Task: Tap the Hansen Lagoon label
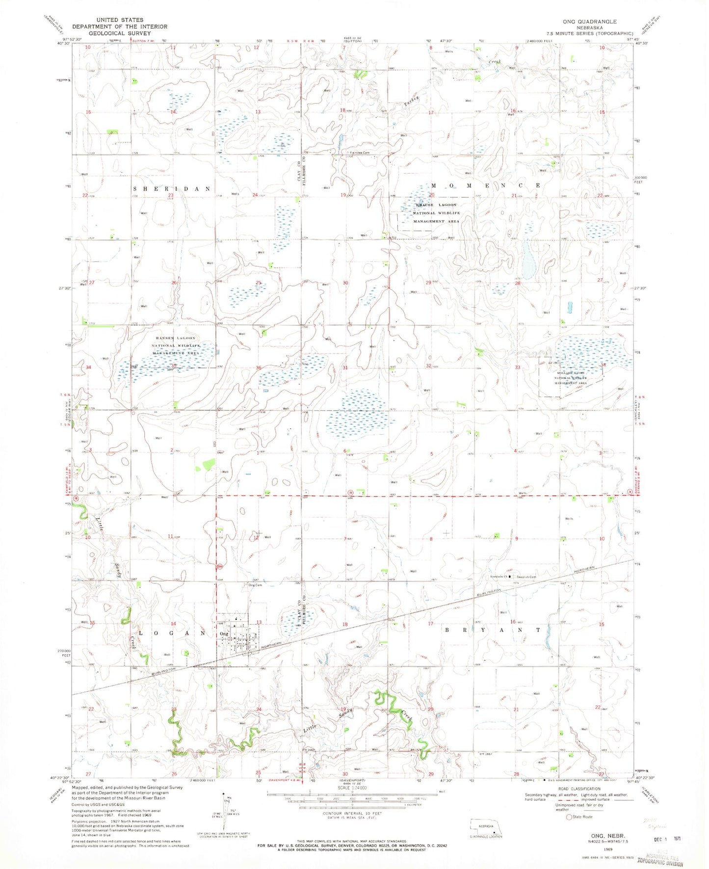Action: (175, 338)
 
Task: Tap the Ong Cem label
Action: (255, 585)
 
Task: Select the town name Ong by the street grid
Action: (224, 634)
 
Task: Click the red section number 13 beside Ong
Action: (259, 623)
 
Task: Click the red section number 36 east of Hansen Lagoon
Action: (258, 368)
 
